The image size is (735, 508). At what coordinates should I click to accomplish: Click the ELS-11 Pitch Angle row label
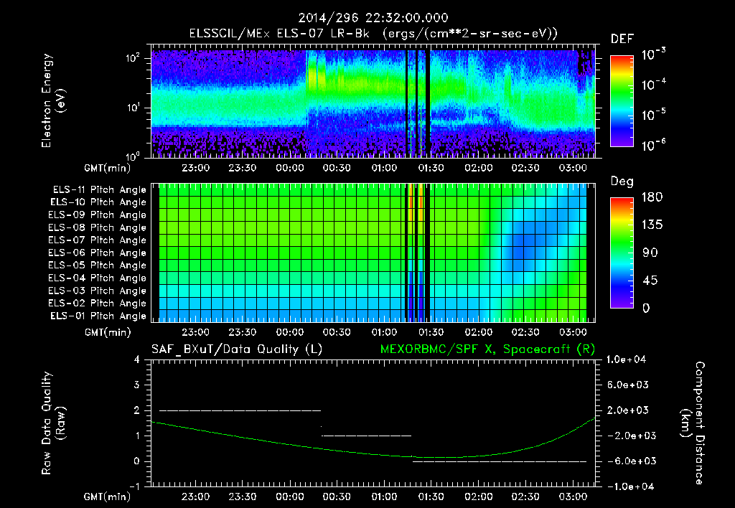click(x=98, y=190)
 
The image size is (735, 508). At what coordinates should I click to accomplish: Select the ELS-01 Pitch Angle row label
click(x=98, y=316)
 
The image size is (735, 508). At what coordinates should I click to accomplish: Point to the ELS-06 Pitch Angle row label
click(x=98, y=253)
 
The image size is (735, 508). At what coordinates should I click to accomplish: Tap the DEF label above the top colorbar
click(x=622, y=39)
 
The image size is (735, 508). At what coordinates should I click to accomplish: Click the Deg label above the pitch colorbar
click(x=622, y=182)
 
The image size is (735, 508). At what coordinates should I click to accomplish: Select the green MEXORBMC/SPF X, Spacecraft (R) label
click(x=482, y=349)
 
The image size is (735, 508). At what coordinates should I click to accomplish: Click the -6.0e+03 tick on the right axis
click(x=629, y=461)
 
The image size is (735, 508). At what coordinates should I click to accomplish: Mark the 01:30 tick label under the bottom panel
click(x=430, y=497)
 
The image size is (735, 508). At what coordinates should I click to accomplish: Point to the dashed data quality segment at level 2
click(x=240, y=410)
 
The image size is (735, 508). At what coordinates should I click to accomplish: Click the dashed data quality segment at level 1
click(x=366, y=436)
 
